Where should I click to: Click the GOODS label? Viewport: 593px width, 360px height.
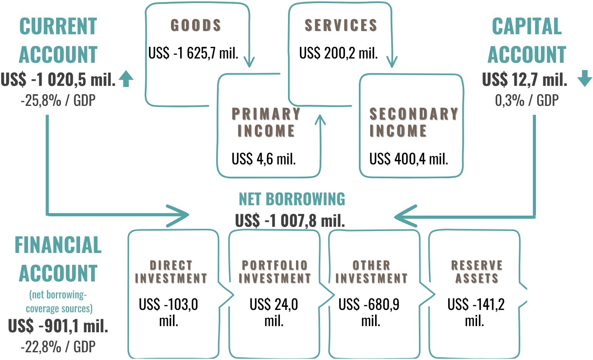coord(196,25)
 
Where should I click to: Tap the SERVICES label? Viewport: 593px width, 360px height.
coord(340,25)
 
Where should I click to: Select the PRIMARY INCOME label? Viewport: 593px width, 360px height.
coord(266,122)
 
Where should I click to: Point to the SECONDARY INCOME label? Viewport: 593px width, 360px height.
coord(413,122)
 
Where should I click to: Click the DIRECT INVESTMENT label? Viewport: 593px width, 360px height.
coord(171,271)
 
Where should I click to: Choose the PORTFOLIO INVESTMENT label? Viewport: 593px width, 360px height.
coord(275,271)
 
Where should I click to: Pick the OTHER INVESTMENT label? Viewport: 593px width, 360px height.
coord(371,271)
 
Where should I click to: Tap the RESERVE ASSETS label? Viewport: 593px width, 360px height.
coord(477,271)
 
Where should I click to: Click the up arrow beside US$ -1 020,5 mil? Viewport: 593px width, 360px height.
coord(126,79)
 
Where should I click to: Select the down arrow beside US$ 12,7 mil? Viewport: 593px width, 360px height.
coord(585,78)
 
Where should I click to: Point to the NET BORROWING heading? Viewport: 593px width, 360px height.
coord(291,199)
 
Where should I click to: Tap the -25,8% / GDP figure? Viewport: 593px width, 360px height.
coord(58,101)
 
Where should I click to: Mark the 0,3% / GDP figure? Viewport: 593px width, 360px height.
coord(526,101)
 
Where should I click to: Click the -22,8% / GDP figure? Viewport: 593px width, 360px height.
coord(58,347)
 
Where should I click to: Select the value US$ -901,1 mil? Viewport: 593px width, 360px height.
coord(58,326)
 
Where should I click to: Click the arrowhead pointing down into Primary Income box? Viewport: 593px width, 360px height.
coord(249,62)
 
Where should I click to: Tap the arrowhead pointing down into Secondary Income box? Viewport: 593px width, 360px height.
coord(392,62)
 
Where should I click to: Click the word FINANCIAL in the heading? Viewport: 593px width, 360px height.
coord(58,245)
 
